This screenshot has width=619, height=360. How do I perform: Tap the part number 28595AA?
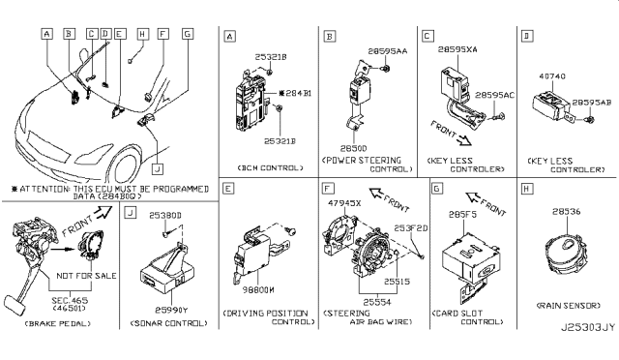pos(387,49)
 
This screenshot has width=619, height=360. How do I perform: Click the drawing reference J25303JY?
pos(580,352)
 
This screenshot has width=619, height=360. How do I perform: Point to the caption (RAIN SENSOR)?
pos(565,321)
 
